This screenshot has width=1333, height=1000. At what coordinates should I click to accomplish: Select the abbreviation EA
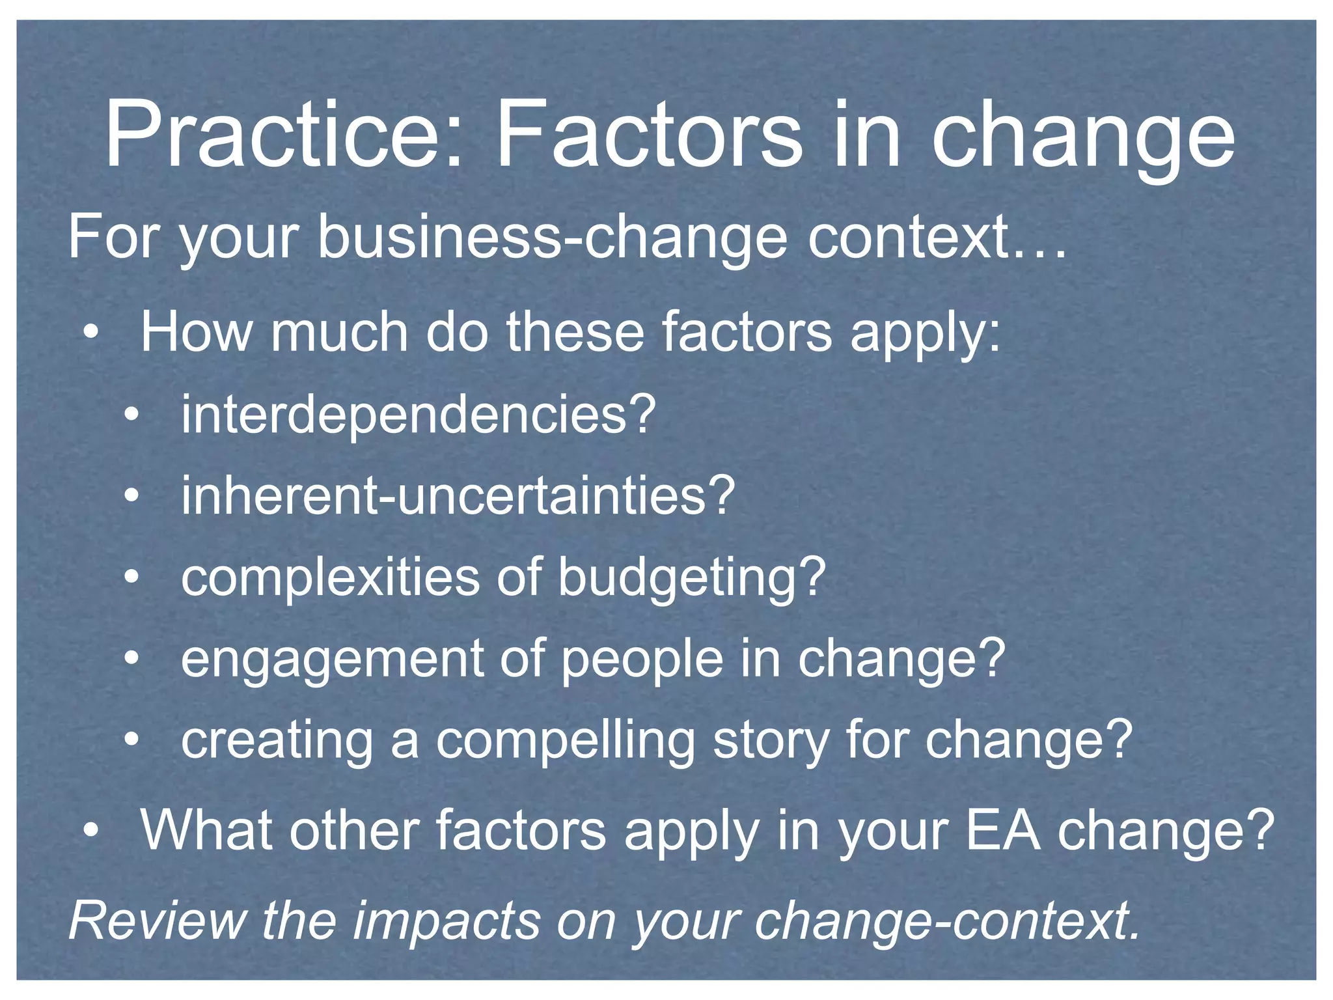(1003, 830)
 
